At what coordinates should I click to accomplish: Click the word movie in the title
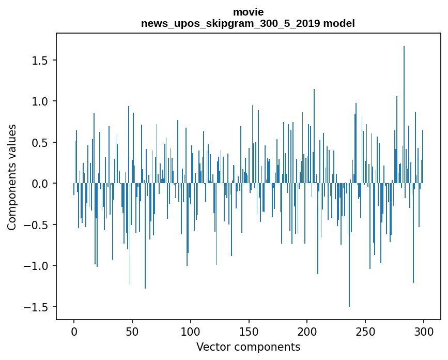pyautogui.click(x=248, y=12)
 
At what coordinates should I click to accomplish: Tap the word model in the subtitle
pyautogui.click(x=339, y=23)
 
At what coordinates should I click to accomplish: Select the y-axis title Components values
pyautogui.click(x=12, y=177)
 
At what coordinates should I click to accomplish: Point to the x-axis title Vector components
pyautogui.click(x=248, y=347)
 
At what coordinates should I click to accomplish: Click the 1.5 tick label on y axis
pyautogui.click(x=40, y=61)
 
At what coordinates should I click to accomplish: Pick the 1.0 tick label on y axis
pyautogui.click(x=40, y=101)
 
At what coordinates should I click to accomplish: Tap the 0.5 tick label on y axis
pyautogui.click(x=40, y=143)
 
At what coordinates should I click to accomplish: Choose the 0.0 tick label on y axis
pyautogui.click(x=40, y=184)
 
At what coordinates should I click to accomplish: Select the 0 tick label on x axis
pyautogui.click(x=74, y=331)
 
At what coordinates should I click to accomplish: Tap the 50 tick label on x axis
pyautogui.click(x=132, y=331)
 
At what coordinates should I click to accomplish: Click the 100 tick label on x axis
pyautogui.click(x=191, y=331)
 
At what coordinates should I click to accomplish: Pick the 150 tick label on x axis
pyautogui.click(x=249, y=331)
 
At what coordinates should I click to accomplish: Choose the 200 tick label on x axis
pyautogui.click(x=307, y=331)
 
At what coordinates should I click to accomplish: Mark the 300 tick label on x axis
pyautogui.click(x=424, y=331)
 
